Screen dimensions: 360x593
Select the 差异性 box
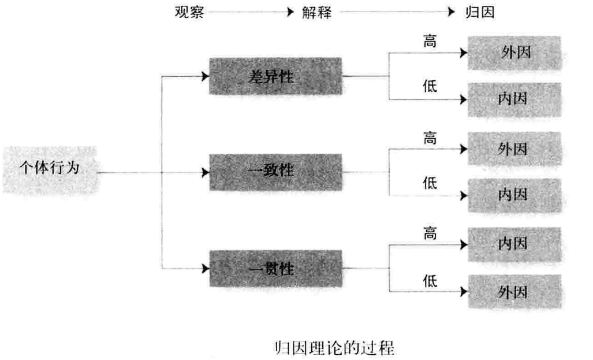[x=275, y=76]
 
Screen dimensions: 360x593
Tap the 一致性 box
[x=275, y=172]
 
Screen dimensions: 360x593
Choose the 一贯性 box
[x=275, y=269]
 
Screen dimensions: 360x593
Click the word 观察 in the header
[x=189, y=13]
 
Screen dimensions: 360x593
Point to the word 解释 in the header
[x=317, y=13]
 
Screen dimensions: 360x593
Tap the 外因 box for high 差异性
[x=513, y=53]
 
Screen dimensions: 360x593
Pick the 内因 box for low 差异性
[x=513, y=99]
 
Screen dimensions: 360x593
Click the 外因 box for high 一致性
[x=513, y=149]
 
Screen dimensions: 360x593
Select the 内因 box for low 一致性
[x=513, y=195]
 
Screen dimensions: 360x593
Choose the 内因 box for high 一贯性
[x=513, y=244]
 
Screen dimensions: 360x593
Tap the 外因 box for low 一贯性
[x=513, y=291]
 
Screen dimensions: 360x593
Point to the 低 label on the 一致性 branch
[x=430, y=184]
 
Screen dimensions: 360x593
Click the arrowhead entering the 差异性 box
[x=205, y=76]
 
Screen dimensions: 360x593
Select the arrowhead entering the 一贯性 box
[x=205, y=269]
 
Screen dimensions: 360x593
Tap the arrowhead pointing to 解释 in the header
[x=291, y=13]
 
